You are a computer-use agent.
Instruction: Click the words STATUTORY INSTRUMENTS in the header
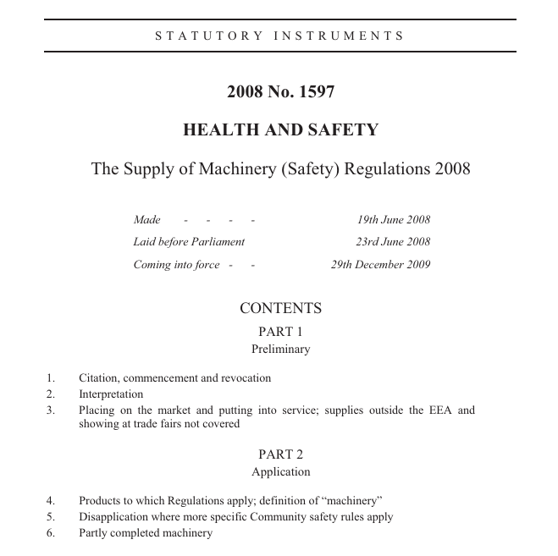[280, 36]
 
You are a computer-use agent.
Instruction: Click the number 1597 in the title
[318, 92]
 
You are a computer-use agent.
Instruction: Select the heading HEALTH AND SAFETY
[280, 130]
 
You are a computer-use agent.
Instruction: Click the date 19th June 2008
[393, 220]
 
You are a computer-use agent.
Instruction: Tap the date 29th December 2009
[380, 264]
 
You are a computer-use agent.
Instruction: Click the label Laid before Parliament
[189, 242]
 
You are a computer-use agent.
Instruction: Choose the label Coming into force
[176, 264]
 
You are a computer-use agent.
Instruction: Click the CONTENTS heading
[280, 309]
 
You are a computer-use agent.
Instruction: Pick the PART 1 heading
[280, 332]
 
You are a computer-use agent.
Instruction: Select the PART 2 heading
[280, 454]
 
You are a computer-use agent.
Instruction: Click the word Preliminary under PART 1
[280, 349]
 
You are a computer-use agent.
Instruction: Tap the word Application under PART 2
[280, 472]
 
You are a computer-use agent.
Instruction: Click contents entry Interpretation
[111, 394]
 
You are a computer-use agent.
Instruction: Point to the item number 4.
[51, 501]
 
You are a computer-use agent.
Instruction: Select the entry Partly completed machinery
[146, 533]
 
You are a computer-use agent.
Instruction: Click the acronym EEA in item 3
[444, 410]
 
